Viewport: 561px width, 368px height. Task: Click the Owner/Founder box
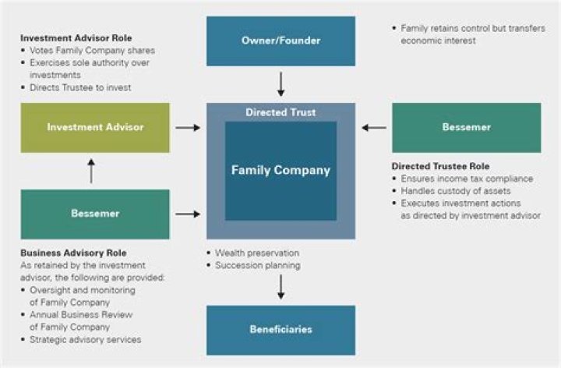point(280,41)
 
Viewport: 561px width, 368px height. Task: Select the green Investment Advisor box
point(95,127)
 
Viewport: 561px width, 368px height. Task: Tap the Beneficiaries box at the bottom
point(280,330)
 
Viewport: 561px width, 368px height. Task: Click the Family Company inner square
point(280,170)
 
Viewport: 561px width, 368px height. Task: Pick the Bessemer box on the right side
point(466,127)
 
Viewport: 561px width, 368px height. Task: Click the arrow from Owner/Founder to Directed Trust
point(280,83)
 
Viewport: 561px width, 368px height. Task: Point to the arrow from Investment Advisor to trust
point(188,127)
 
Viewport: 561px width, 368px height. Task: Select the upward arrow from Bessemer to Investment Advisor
point(91,171)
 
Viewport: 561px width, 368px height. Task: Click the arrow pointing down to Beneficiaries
point(280,285)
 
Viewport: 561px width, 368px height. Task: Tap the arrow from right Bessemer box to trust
point(374,127)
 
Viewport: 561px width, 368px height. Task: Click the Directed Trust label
point(280,112)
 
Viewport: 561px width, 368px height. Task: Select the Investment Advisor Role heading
point(76,38)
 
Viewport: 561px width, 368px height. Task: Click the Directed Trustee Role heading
point(440,166)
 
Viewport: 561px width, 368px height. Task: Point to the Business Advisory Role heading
point(73,253)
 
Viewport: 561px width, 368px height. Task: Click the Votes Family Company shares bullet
point(86,51)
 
